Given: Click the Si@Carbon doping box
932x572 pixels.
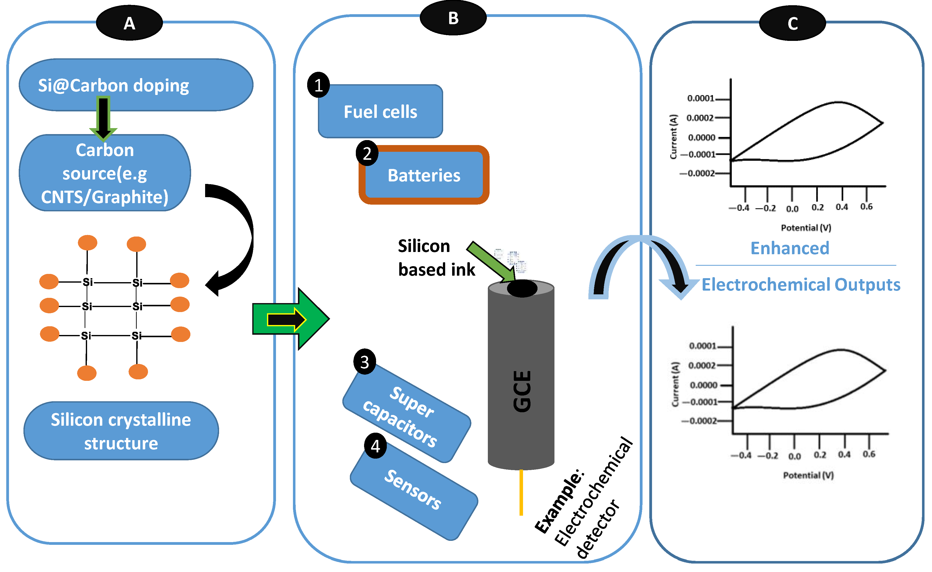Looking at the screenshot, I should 135,85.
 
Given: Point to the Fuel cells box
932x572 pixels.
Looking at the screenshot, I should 380,112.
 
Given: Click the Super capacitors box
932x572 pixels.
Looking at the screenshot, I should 407,414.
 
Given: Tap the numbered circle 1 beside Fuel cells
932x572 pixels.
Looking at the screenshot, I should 318,85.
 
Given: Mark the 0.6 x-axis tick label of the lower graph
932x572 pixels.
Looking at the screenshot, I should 869,454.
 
